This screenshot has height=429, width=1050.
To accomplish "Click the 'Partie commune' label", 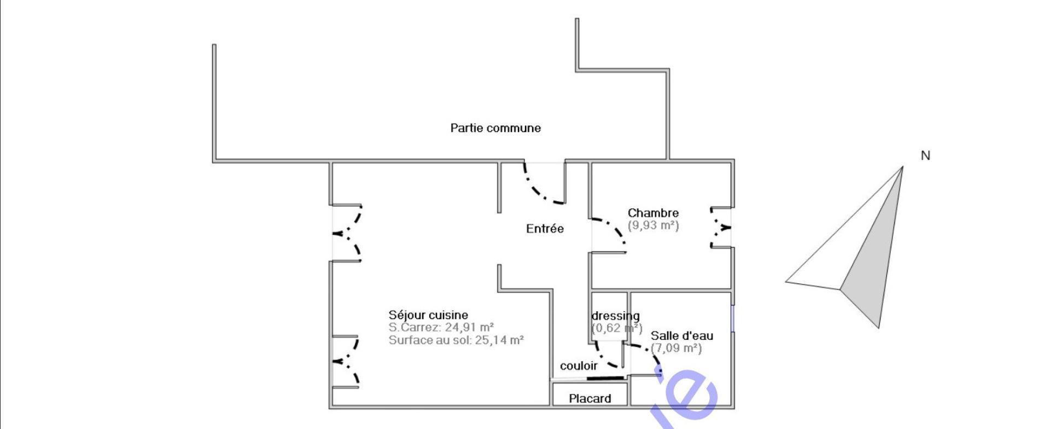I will tap(495, 128).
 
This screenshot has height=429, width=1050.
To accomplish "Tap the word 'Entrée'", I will tap(545, 229).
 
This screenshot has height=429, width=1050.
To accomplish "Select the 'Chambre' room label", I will tap(653, 213).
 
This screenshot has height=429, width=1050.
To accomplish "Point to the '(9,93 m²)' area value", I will tap(653, 225).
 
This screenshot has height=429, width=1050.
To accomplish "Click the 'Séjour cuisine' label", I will tap(428, 315).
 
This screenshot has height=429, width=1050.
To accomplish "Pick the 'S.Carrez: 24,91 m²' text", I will tap(441, 327).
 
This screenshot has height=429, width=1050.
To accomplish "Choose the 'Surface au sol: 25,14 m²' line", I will tap(456, 340).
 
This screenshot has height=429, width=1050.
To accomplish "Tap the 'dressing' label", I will tap(615, 316).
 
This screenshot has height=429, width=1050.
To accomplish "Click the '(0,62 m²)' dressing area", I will tap(616, 328).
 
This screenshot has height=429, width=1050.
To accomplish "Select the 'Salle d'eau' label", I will tap(681, 335).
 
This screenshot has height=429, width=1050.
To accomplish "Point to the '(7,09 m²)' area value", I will tap(676, 348).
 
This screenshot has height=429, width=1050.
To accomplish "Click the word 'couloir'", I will tap(579, 366).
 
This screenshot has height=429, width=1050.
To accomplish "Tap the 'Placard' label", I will tap(590, 398).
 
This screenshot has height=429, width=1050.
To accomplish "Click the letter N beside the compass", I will tap(925, 155).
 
